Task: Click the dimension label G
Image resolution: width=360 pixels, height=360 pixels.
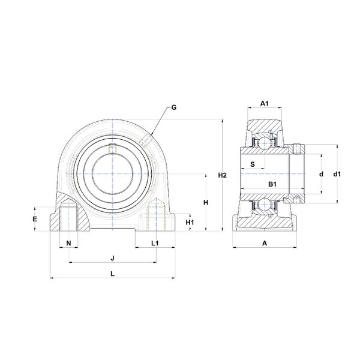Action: [174, 107]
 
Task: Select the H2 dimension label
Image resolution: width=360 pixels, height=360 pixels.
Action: [222, 175]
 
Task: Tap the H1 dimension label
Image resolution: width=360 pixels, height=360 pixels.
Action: [190, 222]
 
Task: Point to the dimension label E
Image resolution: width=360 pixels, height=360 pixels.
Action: [35, 219]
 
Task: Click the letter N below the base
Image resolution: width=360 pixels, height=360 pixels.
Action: [68, 243]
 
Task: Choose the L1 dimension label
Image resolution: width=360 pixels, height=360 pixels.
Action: [155, 243]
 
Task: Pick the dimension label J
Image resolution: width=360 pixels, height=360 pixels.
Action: [113, 258]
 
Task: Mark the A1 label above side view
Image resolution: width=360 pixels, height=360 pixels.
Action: [264, 103]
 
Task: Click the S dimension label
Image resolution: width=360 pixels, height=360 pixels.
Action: [253, 164]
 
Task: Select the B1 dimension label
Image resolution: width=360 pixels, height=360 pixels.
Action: [272, 184]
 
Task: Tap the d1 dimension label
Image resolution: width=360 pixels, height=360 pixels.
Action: [337, 174]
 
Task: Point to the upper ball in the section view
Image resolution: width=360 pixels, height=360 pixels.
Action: [264, 143]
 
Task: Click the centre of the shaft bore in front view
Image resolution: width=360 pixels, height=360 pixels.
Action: [113, 174]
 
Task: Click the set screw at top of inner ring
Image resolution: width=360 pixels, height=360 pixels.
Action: [113, 148]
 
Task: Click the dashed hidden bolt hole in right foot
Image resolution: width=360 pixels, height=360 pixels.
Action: [157, 218]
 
